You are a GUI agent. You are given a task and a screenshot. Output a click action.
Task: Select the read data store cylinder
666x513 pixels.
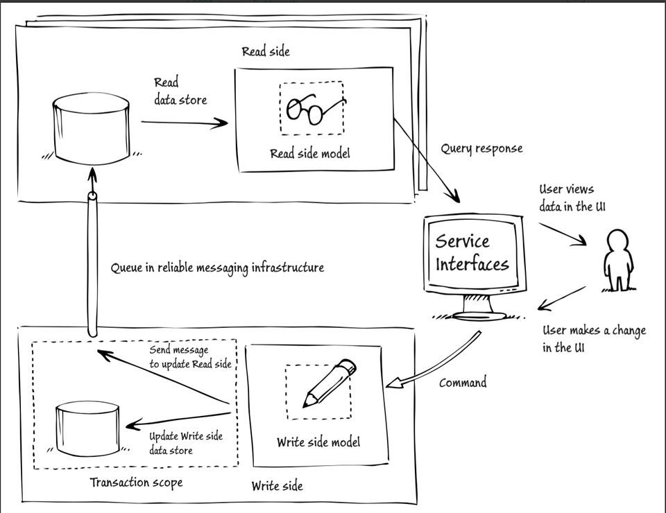click(92, 128)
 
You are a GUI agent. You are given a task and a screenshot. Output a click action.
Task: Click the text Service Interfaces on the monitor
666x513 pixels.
click(472, 253)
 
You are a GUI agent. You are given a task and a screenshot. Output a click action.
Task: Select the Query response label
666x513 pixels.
click(481, 148)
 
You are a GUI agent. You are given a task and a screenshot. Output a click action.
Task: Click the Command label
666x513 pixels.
click(463, 382)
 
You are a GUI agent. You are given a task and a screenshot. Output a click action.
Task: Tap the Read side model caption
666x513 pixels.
click(309, 153)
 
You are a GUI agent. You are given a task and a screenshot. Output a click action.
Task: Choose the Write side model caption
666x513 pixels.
click(318, 442)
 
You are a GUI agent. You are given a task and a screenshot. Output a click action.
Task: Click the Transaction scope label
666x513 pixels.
click(137, 482)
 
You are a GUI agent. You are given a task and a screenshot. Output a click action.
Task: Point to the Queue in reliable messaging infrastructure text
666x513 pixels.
click(217, 267)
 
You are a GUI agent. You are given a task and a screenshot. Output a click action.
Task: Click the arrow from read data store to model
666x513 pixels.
click(185, 123)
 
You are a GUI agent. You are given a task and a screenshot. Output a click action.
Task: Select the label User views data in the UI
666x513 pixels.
click(567, 197)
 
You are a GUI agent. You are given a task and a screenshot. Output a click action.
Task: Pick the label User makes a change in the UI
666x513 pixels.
click(593, 338)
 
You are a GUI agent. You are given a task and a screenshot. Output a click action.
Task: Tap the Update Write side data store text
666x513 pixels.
click(186, 443)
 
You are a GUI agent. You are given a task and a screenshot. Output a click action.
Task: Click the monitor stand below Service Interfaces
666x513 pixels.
click(475, 305)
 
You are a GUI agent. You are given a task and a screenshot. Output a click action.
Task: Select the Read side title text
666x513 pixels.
click(266, 52)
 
